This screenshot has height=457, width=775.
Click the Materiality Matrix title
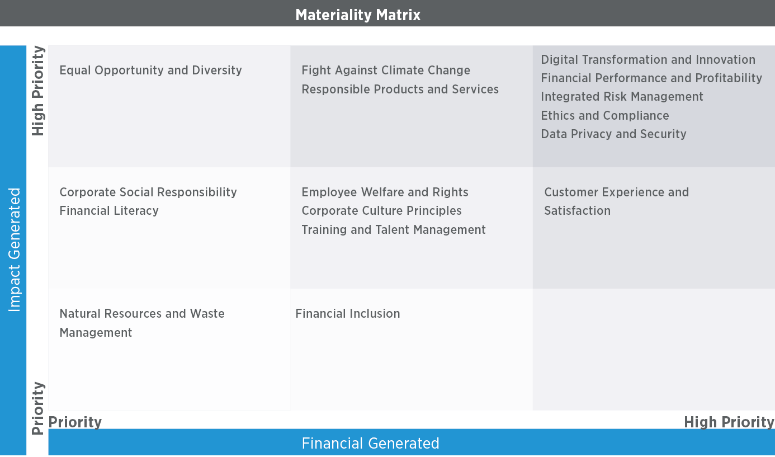coord(358,15)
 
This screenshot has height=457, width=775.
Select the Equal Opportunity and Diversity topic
coord(150,70)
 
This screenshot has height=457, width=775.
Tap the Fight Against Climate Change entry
coord(386,70)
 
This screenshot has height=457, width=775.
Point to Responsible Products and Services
coord(400,89)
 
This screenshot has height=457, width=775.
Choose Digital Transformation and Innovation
coord(648,59)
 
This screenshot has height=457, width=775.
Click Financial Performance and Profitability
coord(651,78)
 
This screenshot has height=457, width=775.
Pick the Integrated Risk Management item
coord(622,97)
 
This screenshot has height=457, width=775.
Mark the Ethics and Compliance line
coord(605,115)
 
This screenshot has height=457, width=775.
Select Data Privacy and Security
coord(614,134)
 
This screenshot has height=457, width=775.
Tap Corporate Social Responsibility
coord(148,192)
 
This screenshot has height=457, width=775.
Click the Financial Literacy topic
coord(109,210)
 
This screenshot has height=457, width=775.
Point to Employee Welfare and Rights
coord(385,192)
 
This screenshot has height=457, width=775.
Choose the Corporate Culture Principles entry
coord(381,210)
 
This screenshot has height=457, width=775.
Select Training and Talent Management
coord(394,229)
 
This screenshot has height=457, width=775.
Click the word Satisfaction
coord(578,210)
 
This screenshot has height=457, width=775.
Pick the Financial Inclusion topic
coord(348,313)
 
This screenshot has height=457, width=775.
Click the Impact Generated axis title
coord(14,249)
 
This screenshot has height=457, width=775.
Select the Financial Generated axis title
coord(371,443)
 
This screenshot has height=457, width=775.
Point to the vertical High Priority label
coord(38,91)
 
